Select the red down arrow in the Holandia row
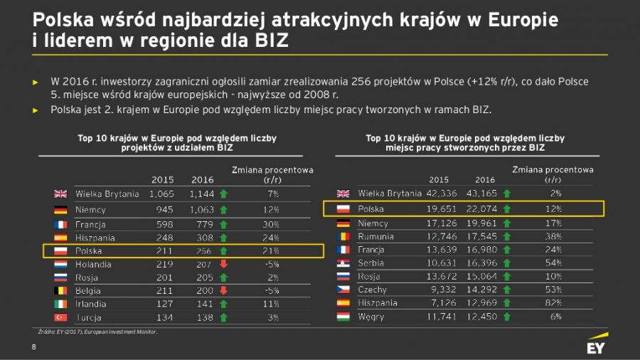click(x=223, y=264)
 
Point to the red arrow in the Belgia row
click(x=223, y=290)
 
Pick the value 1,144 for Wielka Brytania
click(x=201, y=194)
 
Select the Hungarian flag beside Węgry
click(x=343, y=317)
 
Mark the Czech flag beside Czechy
click(x=343, y=290)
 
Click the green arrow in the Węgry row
click(x=507, y=317)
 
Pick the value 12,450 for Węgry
click(x=481, y=317)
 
